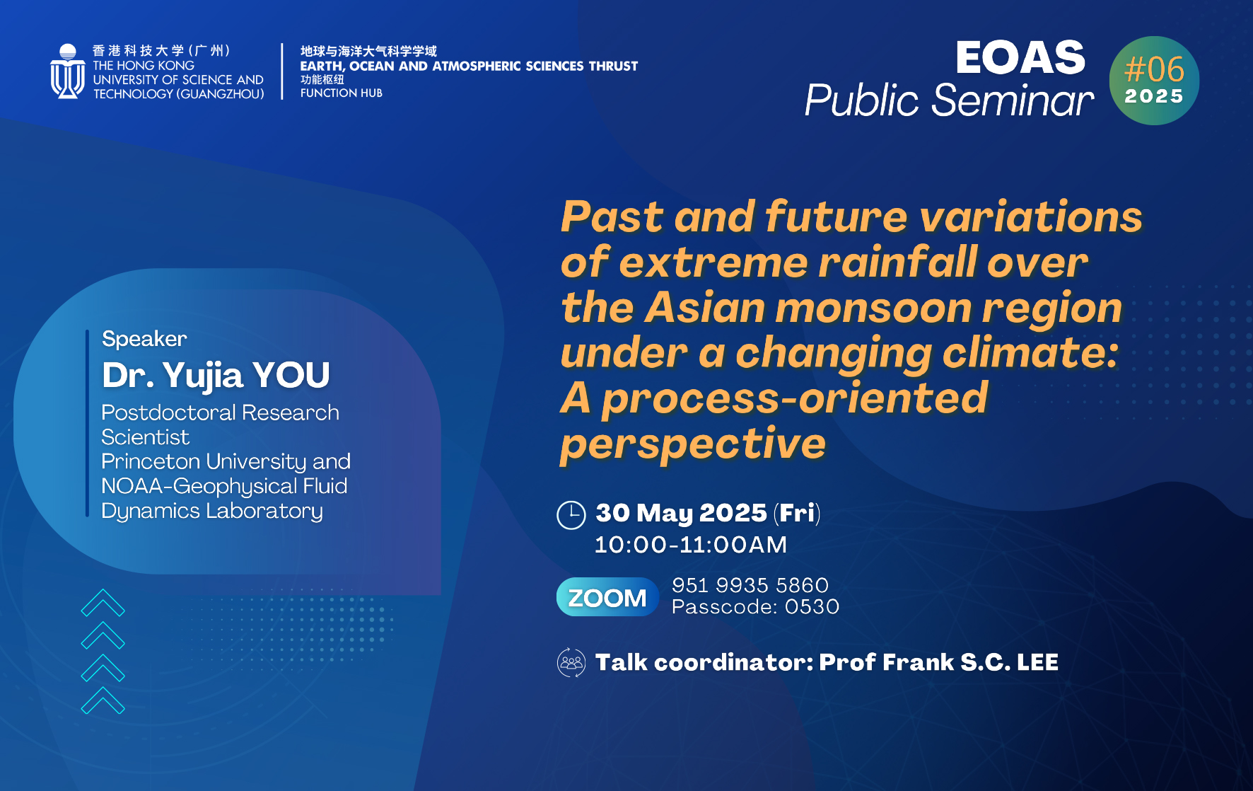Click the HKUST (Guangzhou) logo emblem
[x=68, y=71]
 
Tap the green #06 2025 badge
[x=1154, y=81]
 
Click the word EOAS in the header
[x=1020, y=57]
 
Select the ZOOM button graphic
[x=607, y=597]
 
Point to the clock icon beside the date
[x=571, y=515]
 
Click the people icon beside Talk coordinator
[x=571, y=663]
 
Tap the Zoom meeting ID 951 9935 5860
[x=750, y=585]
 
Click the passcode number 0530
[x=812, y=607]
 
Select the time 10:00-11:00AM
[x=691, y=545]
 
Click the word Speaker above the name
[x=144, y=339]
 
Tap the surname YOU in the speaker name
[x=291, y=375]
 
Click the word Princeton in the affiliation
[x=151, y=461]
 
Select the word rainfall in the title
[x=897, y=262]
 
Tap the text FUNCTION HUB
[x=342, y=93]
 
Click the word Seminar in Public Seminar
[x=1013, y=100]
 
